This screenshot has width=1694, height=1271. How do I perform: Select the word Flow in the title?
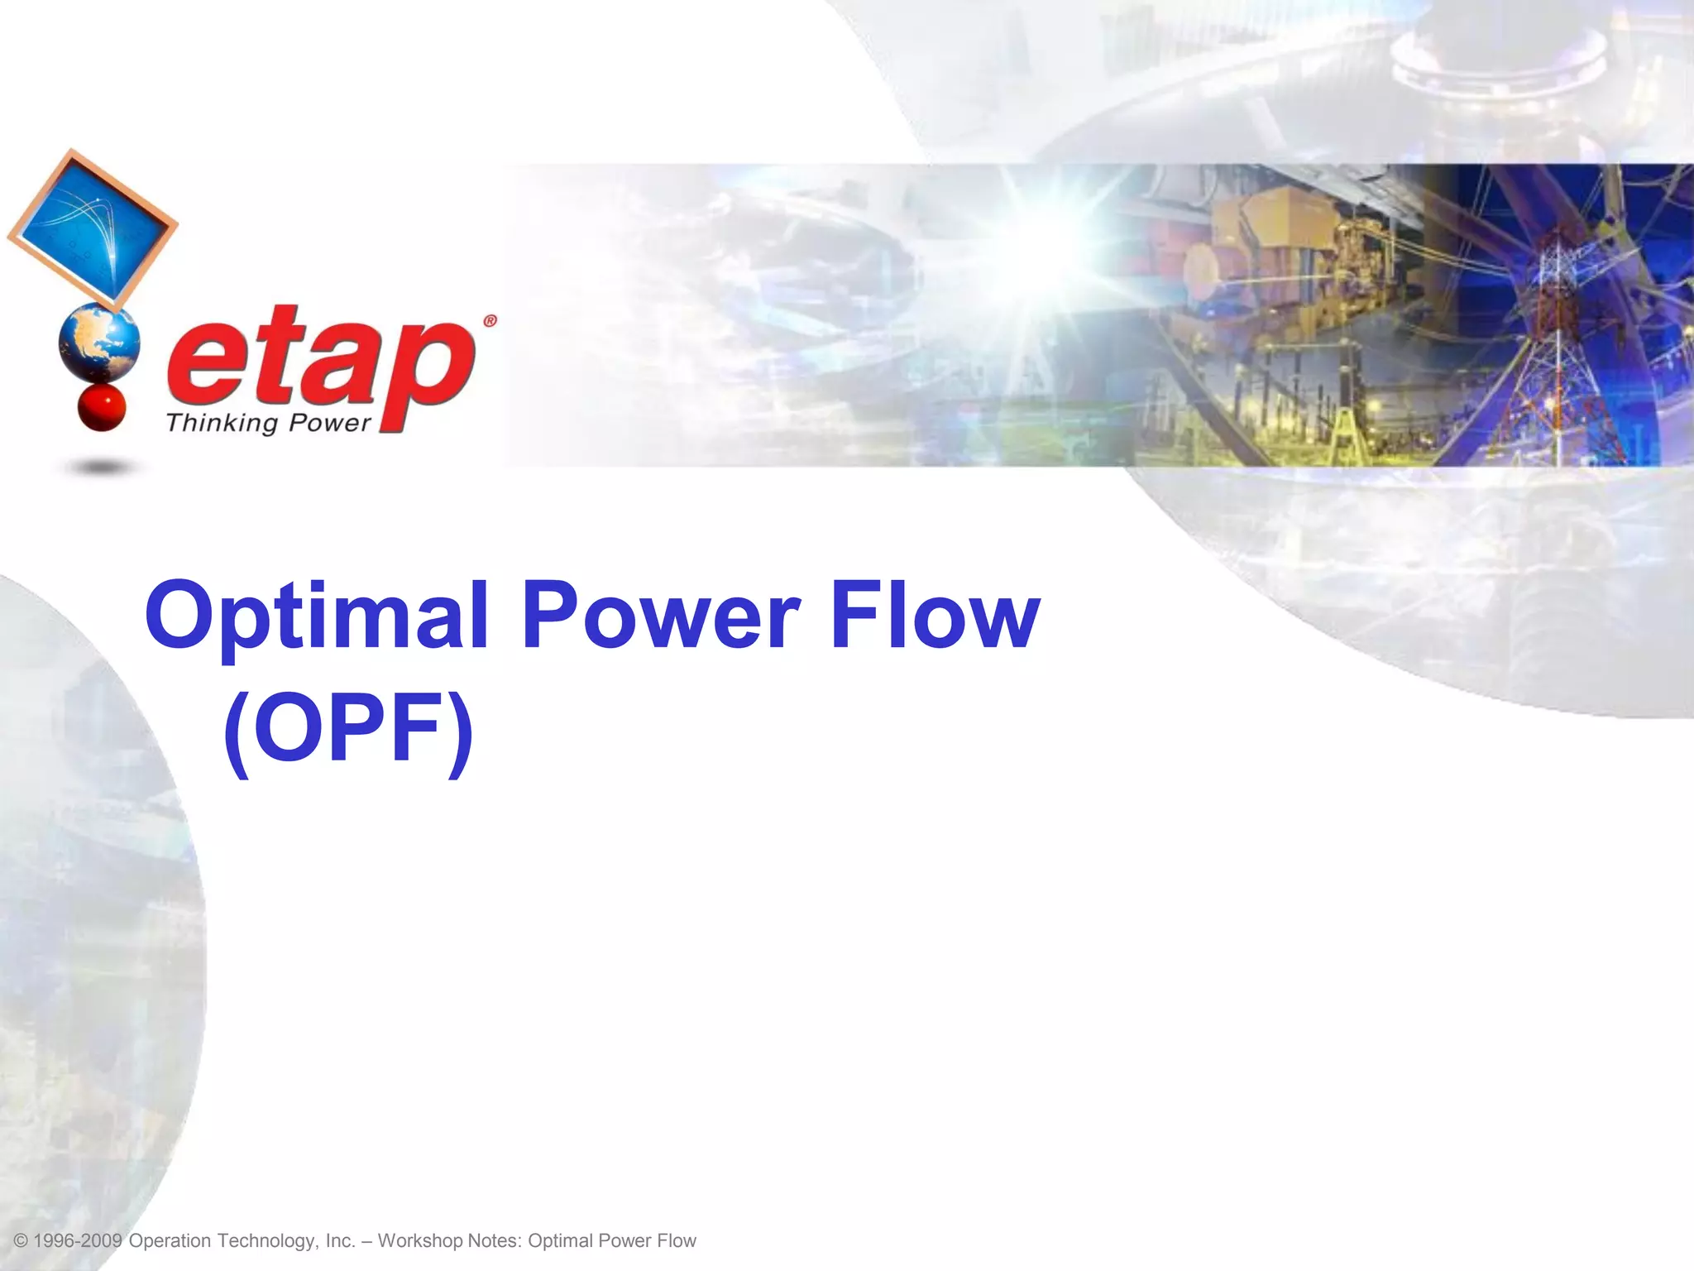point(935,616)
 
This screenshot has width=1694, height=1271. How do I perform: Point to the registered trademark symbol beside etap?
point(490,321)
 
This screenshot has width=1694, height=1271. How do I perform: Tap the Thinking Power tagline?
point(268,423)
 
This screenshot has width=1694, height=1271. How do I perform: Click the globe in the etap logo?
point(99,342)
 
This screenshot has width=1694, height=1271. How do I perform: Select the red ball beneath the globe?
point(101,407)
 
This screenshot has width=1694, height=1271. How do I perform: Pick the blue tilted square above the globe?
point(93,228)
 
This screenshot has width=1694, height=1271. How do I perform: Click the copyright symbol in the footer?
point(22,1241)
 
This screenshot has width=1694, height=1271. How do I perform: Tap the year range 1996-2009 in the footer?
point(78,1241)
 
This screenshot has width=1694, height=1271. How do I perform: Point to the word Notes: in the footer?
point(495,1241)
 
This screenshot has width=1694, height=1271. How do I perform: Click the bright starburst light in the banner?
point(1067,240)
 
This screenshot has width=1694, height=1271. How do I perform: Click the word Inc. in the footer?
point(340,1241)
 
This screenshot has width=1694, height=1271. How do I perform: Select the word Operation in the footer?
point(170,1241)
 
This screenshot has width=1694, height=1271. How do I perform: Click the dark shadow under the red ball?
point(101,468)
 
